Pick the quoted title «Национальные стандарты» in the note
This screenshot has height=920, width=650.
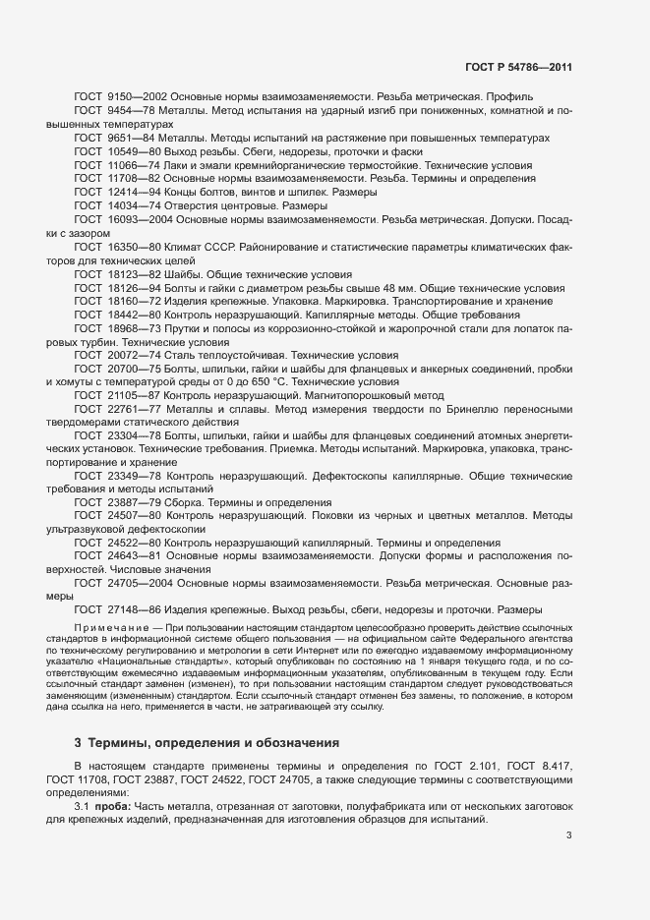[203, 663]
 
